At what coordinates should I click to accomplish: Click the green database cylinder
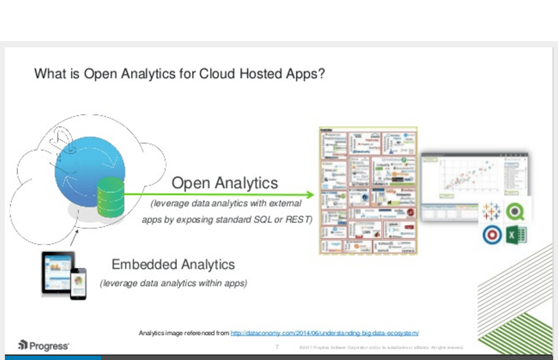point(109,196)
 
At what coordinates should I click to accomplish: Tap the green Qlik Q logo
point(516,211)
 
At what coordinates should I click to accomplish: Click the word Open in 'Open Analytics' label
point(191,183)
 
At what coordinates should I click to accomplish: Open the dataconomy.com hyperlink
point(325,333)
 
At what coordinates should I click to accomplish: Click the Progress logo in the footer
point(43,345)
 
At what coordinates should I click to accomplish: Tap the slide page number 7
point(277,346)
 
